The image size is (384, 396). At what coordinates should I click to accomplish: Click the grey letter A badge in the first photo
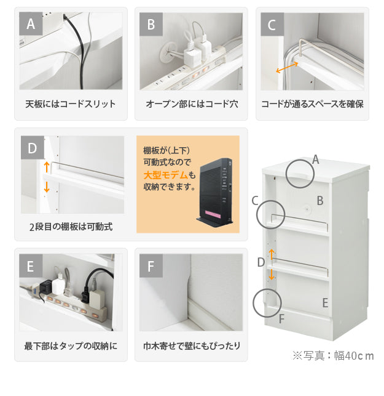pos(31,24)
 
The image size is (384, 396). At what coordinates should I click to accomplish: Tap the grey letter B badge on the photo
pos(151,24)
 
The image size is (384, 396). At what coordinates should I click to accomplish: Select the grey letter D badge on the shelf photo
pos(33,148)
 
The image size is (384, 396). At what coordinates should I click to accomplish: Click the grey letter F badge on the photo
pos(151,266)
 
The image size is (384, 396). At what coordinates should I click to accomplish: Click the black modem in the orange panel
pos(214,192)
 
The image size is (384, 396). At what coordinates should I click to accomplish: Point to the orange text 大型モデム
pos(165,175)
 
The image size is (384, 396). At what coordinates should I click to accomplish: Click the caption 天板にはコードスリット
pos(71,104)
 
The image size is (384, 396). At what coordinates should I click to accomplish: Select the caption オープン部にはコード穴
pos(192,104)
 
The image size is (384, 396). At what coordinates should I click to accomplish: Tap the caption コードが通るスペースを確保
pos(313,104)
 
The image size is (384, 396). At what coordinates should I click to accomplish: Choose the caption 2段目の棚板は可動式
pos(71,227)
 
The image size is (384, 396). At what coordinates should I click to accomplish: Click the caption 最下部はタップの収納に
pos(71,345)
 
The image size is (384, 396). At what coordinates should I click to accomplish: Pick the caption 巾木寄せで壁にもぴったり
pos(192,345)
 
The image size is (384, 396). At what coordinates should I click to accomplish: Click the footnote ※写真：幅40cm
pos(333,355)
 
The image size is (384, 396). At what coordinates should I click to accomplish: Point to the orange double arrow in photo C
pos(287,68)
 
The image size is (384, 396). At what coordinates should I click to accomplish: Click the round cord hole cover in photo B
pos(168,52)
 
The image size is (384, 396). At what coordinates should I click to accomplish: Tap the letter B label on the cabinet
pos(319,201)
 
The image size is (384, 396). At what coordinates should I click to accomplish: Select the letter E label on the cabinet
pos(325,302)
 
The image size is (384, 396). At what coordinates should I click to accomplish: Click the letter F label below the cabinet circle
pos(281,319)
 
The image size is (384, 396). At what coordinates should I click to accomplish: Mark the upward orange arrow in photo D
pos(47,167)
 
